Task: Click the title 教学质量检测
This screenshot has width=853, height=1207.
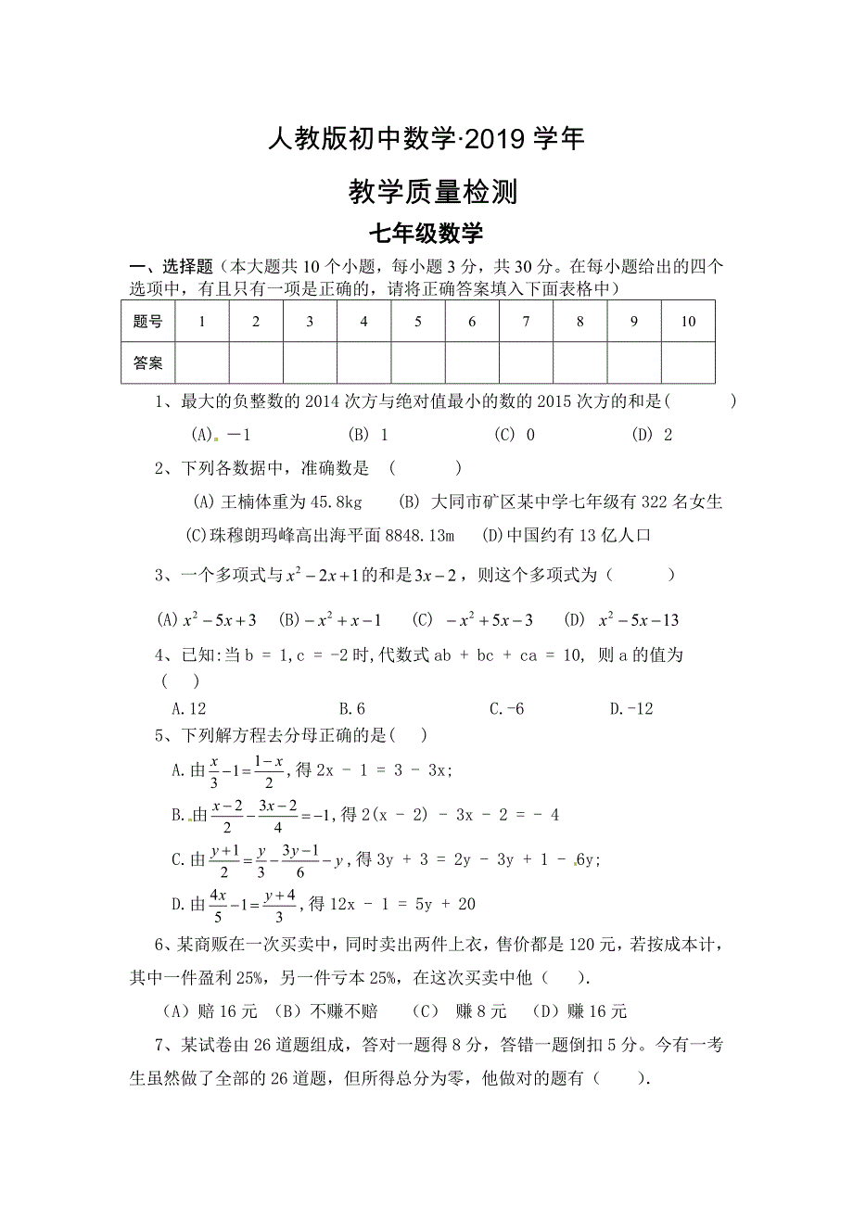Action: pos(426,192)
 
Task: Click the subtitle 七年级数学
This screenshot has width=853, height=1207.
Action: pos(426,234)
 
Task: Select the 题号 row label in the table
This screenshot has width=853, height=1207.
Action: pos(147,322)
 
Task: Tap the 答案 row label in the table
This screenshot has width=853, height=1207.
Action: pos(147,363)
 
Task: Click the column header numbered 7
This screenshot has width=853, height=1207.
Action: pos(526,322)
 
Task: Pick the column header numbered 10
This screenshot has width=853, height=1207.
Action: pos(687,322)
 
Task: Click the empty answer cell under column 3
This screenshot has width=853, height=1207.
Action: pos(310,363)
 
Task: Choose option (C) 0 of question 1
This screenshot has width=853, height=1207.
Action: pos(515,434)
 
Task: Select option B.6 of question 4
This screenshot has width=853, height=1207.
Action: pos(351,709)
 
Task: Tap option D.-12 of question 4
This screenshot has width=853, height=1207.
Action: pos(631,709)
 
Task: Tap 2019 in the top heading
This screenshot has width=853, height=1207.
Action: pos(494,139)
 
